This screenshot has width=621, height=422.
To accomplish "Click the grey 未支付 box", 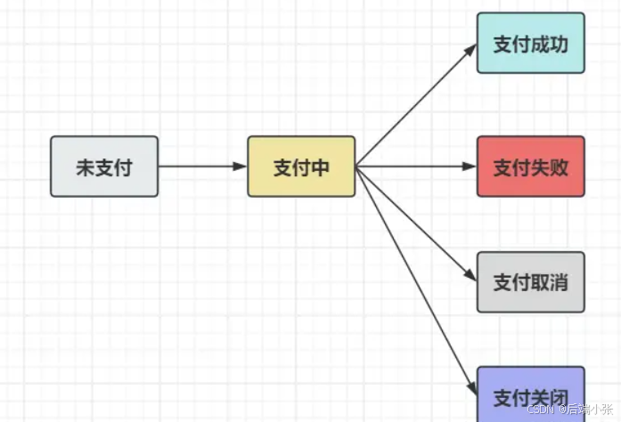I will tap(104, 166).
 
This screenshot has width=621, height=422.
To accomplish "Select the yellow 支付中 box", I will tap(301, 166).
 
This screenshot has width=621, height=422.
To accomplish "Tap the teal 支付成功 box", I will tap(531, 44).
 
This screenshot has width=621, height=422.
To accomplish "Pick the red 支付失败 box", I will tap(531, 166).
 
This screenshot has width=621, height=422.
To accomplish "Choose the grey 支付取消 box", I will tap(531, 282).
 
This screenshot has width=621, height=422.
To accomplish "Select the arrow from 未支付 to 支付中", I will tap(200, 166).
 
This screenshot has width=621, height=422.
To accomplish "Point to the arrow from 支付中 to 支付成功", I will tap(414, 105).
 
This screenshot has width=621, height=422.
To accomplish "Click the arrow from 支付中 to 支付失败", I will tap(414, 166).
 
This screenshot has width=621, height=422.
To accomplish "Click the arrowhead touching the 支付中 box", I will tap(241, 166).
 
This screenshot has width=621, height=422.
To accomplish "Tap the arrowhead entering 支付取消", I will tap(471, 278).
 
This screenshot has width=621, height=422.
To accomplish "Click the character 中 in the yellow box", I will tap(321, 167).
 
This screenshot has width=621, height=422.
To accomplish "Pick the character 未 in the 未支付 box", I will tap(85, 167).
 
